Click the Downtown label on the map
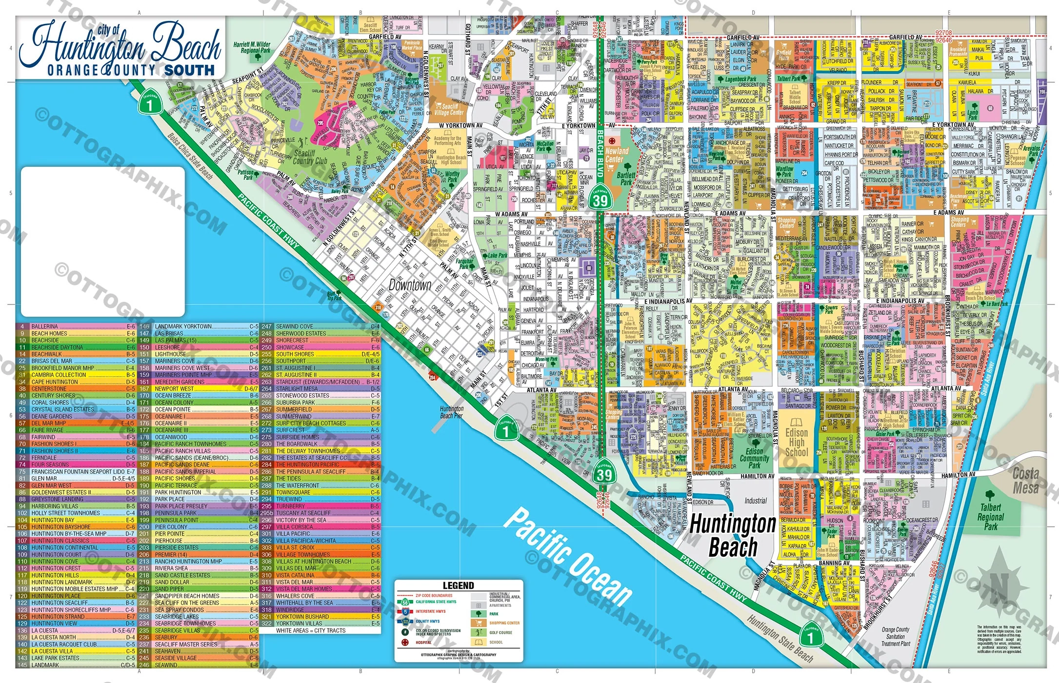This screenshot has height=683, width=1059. [x=410, y=285]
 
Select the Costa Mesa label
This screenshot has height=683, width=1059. [x=1025, y=481]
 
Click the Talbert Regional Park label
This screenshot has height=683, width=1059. [x=990, y=517]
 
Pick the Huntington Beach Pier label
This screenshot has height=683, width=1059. [x=451, y=412]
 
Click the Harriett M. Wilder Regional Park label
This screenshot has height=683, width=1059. [x=252, y=47]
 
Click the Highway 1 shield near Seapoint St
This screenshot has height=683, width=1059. [x=150, y=104]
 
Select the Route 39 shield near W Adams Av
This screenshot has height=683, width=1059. [x=600, y=199]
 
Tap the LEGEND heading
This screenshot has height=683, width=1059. [x=458, y=585]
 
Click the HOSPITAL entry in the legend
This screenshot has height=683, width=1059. [x=423, y=643]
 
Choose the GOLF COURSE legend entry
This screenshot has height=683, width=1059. [x=500, y=632]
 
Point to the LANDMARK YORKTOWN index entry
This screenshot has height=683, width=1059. [x=183, y=326]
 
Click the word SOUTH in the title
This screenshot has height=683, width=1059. [x=189, y=70]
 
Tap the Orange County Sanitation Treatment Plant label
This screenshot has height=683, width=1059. [x=895, y=636]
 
